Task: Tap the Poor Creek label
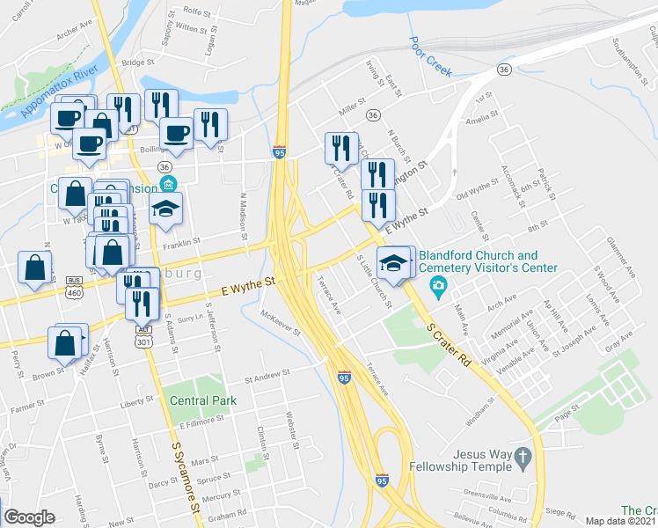[429, 53]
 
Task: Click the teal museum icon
[167, 185]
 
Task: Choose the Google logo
[29, 517]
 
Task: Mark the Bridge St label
[138, 62]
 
